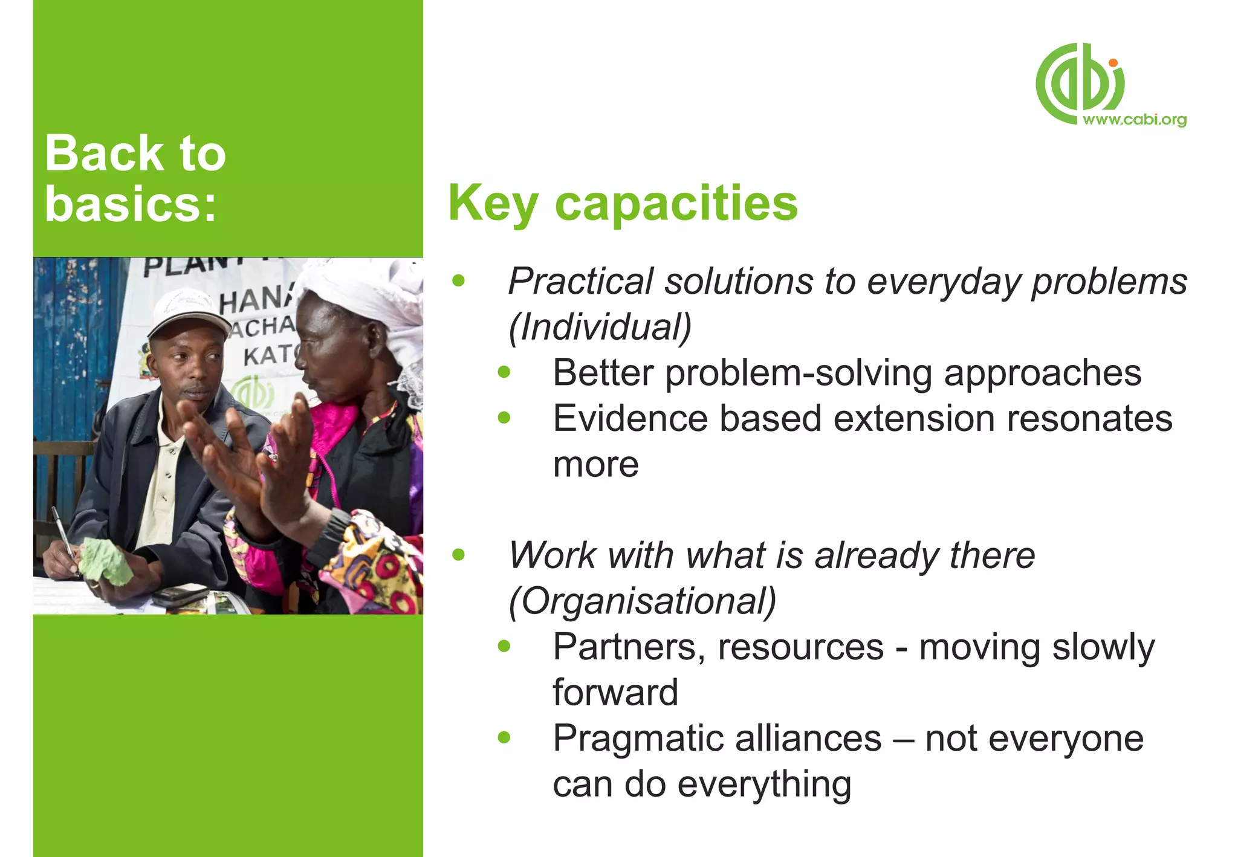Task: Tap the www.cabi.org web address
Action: [1134, 120]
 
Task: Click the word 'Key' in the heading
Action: [493, 204]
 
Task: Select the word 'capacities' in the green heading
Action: [676, 204]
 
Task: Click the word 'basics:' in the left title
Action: [131, 204]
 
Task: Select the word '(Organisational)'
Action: [642, 601]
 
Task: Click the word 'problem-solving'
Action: [798, 373]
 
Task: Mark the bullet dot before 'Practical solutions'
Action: [459, 280]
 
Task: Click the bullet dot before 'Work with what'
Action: [459, 555]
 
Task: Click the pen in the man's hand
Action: [63, 532]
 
